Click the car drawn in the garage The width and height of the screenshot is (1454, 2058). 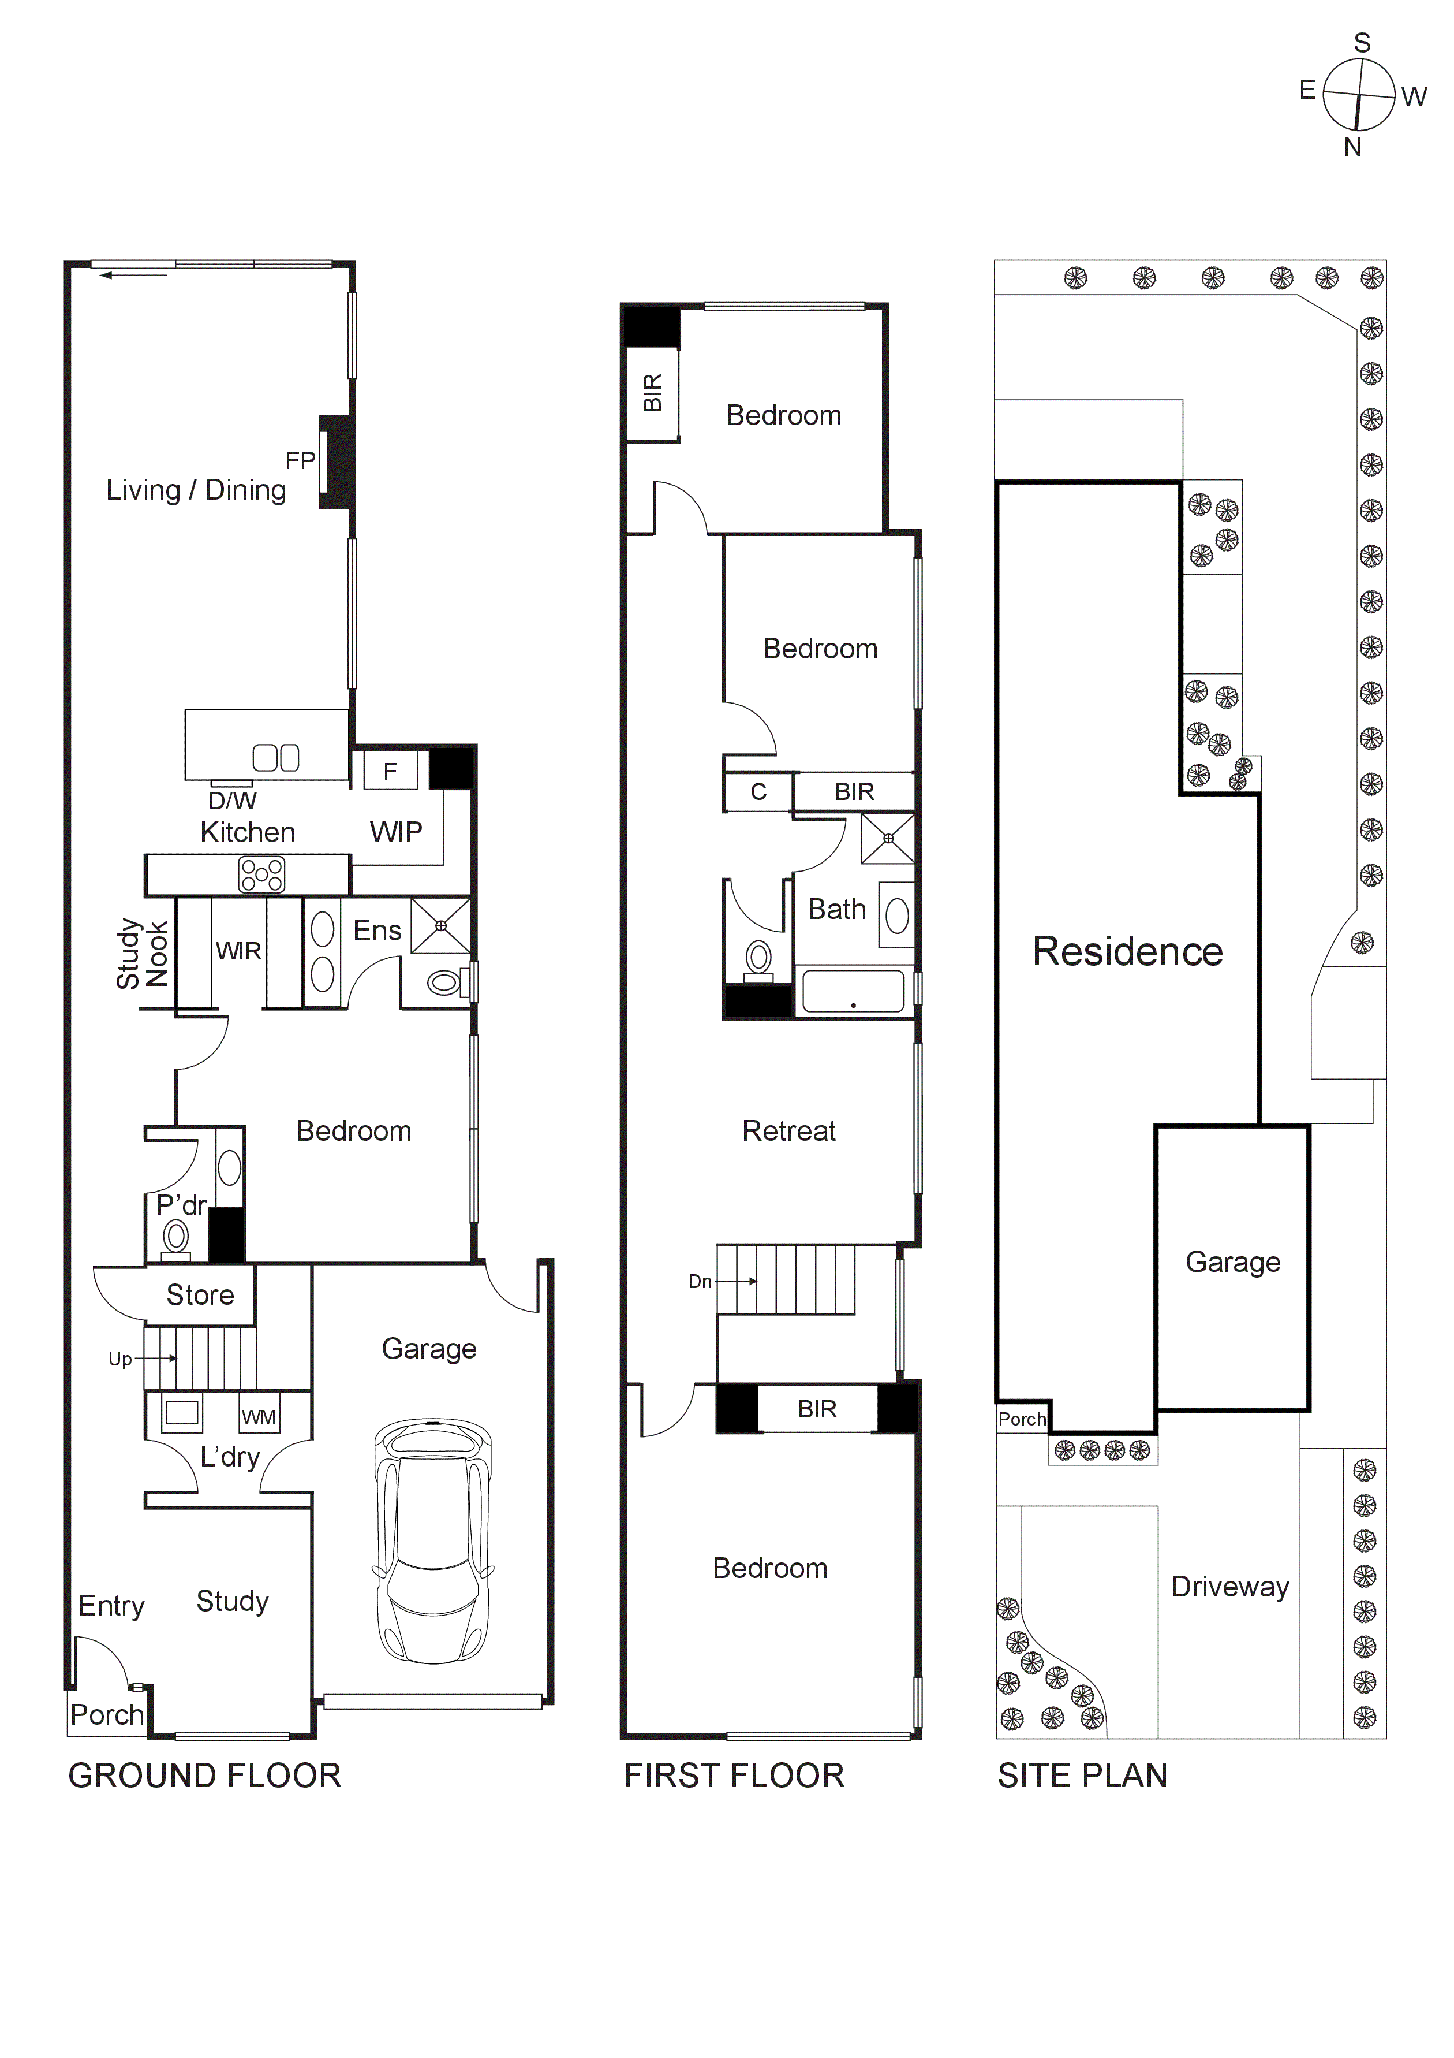pos(433,1540)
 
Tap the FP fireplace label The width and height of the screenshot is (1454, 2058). pos(300,461)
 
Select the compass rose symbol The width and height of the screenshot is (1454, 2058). pos(1358,94)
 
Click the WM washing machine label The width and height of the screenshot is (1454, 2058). pos(259,1417)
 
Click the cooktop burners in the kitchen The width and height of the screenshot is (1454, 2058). pos(261,875)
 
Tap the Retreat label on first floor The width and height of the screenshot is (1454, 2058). pos(788,1131)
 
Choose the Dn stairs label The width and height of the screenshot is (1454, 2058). pos(700,1282)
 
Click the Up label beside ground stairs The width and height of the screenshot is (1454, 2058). pos(120,1359)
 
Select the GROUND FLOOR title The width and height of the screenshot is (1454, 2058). pos(205,1776)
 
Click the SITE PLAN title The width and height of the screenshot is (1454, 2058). pos(1082,1776)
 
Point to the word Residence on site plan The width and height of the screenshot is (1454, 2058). pos(1127,952)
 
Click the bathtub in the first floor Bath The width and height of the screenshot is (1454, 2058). pos(853,991)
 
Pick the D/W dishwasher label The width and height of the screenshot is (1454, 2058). pos(232,801)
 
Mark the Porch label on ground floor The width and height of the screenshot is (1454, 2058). pos(107,1715)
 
